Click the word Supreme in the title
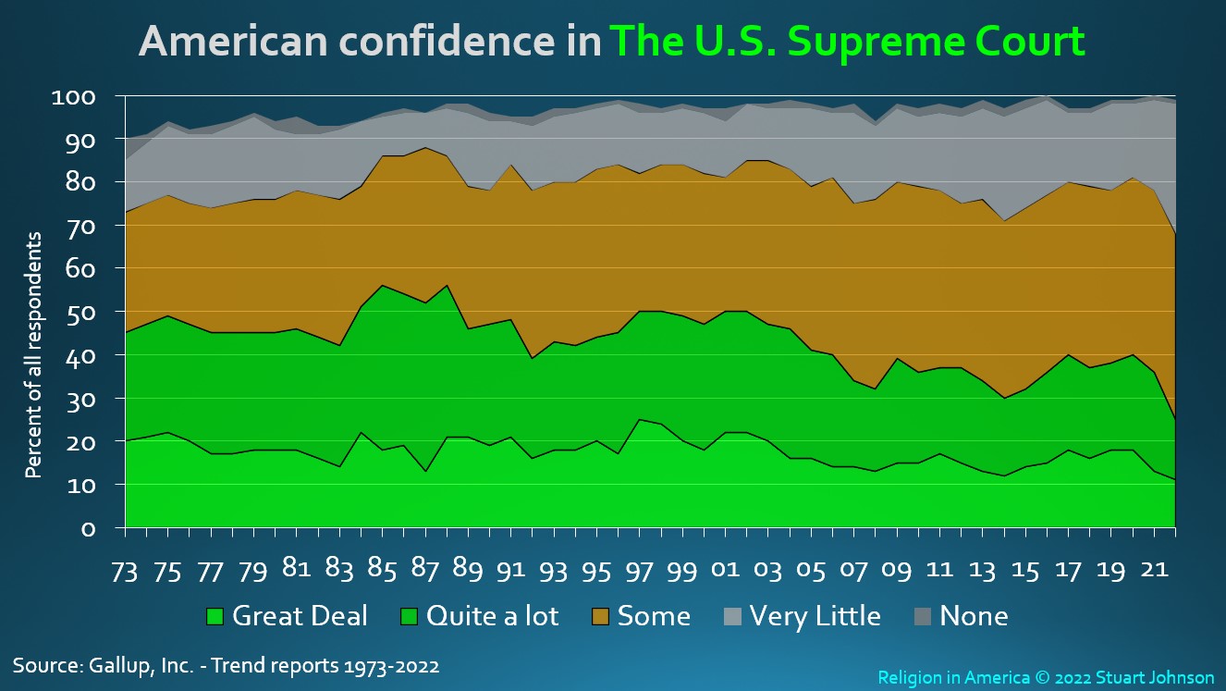point(876,43)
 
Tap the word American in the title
point(233,41)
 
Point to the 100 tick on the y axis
point(73,97)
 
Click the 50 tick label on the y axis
point(80,313)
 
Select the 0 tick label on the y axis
point(88,529)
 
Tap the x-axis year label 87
point(424,570)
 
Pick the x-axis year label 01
point(725,570)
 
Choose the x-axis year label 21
point(1154,570)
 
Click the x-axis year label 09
point(897,570)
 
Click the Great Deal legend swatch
point(215,616)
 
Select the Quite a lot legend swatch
point(409,616)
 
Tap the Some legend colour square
point(600,616)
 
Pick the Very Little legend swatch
point(732,616)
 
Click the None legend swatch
point(923,616)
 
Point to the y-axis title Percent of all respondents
point(33,355)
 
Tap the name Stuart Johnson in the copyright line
point(1155,678)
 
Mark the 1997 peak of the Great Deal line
point(640,420)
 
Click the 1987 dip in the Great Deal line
point(425,471)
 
